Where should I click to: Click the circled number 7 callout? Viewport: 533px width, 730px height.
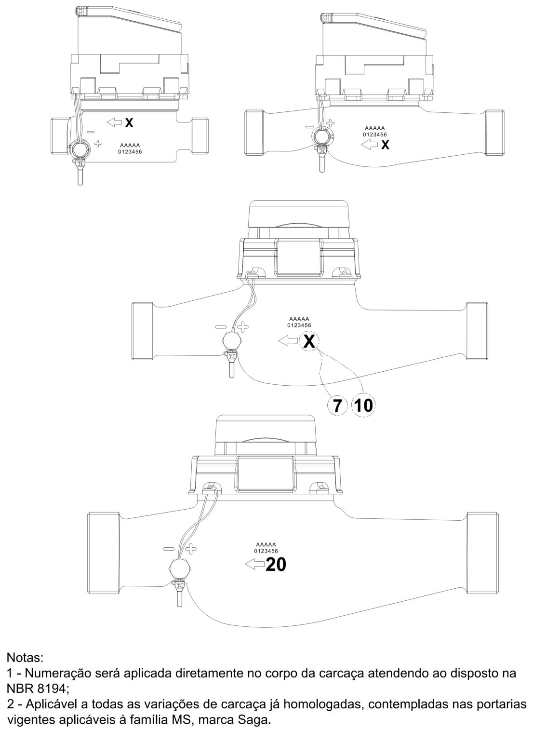tap(337, 405)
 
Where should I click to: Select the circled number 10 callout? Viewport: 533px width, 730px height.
tap(363, 405)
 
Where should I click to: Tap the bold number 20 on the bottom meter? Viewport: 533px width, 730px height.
tap(276, 565)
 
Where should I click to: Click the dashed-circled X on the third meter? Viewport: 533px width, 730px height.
tap(309, 341)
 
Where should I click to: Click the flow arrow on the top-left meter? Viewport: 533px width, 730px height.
tap(114, 122)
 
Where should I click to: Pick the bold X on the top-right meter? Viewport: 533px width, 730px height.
tap(385, 145)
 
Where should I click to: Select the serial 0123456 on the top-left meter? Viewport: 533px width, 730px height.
tap(130, 151)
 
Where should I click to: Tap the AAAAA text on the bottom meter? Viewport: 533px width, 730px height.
tap(266, 544)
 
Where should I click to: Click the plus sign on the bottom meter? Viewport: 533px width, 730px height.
tap(190, 549)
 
